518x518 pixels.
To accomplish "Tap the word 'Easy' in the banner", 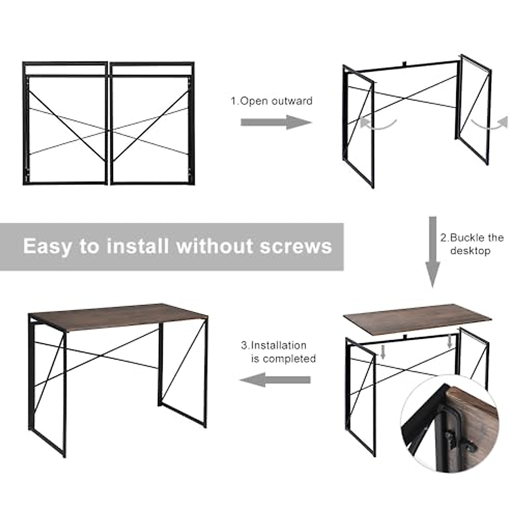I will point(47,246).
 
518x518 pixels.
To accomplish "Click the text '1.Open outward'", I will point(272,101).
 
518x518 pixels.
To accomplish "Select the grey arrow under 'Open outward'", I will point(275,122).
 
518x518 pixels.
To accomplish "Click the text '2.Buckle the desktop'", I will point(471,244).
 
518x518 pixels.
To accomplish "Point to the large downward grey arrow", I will point(433,253).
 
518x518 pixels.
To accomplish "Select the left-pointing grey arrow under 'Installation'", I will point(275,380).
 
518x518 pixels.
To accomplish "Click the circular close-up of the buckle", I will point(449,423).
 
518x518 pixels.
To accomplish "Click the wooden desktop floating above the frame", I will point(404,317).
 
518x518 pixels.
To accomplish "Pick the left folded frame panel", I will point(65,123).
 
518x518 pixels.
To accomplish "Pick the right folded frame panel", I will point(152,123).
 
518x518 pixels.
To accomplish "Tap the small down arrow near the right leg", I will point(450,341).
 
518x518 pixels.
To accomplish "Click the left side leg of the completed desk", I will point(47,388).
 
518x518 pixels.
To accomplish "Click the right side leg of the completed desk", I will point(183,371).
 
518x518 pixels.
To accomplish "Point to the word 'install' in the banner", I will point(137,246).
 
